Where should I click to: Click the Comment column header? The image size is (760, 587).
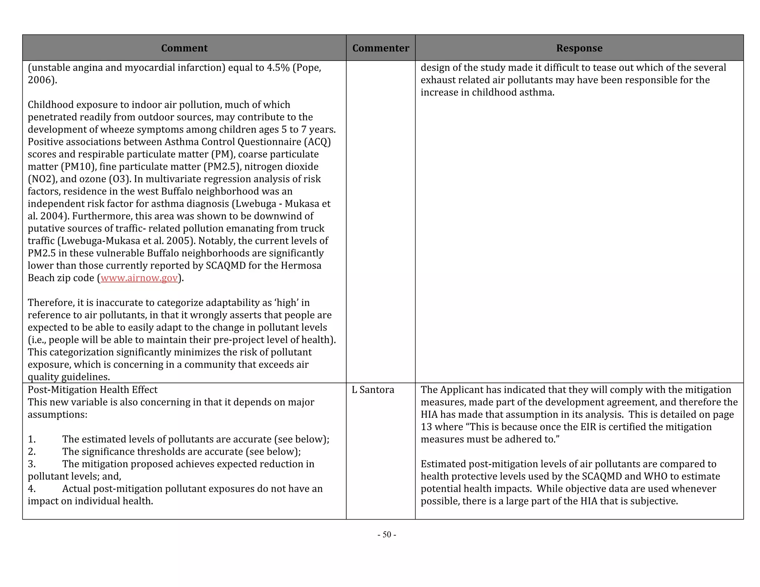tap(184, 48)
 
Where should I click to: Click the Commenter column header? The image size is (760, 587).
tap(380, 48)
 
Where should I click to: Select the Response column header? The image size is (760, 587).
tap(579, 48)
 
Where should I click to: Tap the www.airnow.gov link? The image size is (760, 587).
tap(139, 278)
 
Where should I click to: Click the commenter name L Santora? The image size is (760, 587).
tap(373, 390)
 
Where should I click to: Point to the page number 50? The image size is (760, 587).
tap(387, 534)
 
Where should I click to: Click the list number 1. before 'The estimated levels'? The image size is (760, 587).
tap(32, 439)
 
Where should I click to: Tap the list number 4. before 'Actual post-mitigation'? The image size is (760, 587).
tap(32, 489)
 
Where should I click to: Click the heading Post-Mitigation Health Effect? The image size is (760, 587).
tap(92, 390)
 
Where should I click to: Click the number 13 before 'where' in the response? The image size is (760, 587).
tap(426, 427)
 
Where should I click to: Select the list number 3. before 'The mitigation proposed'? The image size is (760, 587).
tap(32, 464)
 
